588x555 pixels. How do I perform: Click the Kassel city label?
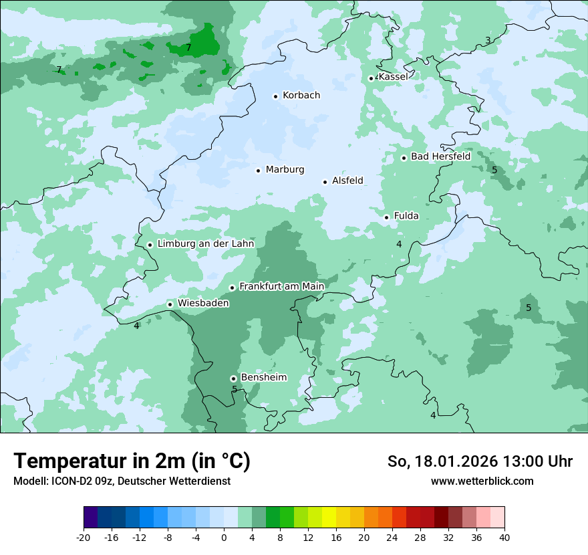pos(393,77)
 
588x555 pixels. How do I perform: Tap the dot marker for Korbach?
pos(275,96)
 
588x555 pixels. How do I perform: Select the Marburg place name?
pos(285,170)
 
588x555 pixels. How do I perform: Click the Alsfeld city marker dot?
pos(325,182)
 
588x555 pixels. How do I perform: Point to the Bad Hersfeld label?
pos(440,156)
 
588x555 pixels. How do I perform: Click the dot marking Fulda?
pos(386,217)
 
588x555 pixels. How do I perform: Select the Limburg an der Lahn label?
pos(205,244)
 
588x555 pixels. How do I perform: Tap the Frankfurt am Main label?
pos(281,286)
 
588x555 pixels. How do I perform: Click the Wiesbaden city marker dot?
pos(170,304)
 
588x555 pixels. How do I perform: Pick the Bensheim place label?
pos(263,377)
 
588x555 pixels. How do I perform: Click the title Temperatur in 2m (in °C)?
pos(132,461)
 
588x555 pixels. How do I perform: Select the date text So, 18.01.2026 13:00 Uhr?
pos(480,462)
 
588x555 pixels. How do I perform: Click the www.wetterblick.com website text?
pos(482,481)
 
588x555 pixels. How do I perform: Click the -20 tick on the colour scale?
pos(84,538)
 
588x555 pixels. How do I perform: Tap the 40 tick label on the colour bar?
pos(504,538)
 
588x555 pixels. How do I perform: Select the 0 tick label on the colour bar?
pos(224,538)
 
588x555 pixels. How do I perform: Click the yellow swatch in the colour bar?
pos(329,518)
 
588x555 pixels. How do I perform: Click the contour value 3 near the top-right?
pos(488,41)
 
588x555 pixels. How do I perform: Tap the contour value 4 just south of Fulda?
pos(399,245)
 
